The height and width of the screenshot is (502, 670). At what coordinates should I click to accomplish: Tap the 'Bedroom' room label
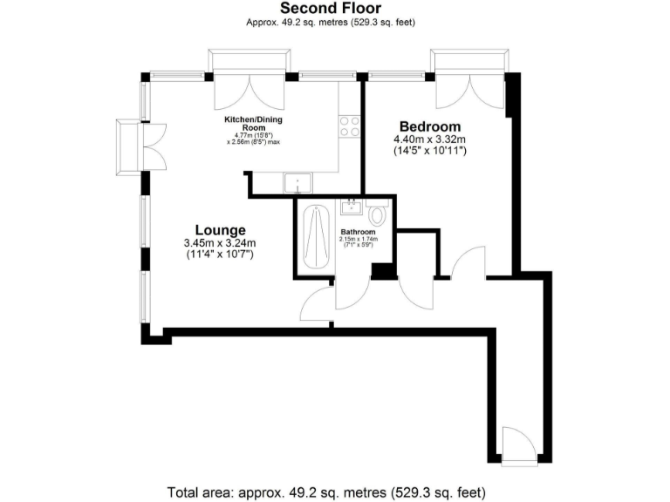pos(430,126)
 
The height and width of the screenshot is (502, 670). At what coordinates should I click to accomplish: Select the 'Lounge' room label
pos(219,229)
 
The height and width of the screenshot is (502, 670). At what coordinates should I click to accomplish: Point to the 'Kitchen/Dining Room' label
pos(253,122)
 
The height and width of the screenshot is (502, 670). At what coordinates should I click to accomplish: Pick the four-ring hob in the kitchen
pos(350,126)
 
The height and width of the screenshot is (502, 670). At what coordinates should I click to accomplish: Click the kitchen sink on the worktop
pos(298,183)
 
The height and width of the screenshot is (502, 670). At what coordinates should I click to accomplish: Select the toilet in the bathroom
pos(378,214)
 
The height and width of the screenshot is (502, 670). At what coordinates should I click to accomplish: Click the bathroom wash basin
pos(352,207)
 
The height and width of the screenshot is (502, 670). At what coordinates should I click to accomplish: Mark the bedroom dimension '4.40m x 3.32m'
pos(430,139)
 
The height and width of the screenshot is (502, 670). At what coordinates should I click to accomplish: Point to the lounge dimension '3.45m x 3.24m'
pos(219,243)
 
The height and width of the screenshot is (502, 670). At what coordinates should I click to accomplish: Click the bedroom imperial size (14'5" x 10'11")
pos(430,152)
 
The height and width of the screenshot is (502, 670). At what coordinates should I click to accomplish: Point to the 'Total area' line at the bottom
pos(333,491)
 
